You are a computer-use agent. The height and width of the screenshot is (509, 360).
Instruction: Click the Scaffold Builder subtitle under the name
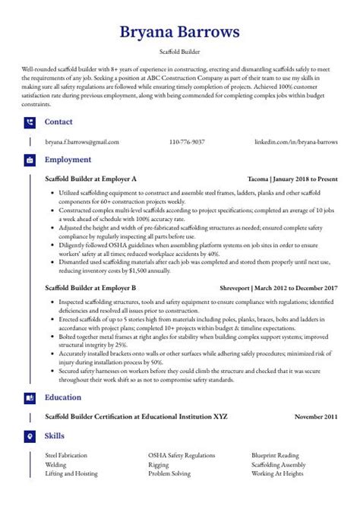pos(179,52)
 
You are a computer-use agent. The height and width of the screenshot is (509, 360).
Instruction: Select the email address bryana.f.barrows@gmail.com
pos(82,142)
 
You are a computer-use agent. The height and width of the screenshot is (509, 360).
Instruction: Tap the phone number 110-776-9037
pos(187,142)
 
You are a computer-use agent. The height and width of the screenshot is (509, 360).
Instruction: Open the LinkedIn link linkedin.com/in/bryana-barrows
pos(296,142)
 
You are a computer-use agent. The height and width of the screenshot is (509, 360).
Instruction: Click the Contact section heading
pos(58,122)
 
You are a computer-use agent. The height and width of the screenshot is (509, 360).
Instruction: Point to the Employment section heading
pos(68,160)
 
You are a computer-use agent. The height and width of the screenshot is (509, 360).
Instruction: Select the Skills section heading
pos(54,436)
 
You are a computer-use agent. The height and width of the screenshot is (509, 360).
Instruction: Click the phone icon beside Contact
pos(29,122)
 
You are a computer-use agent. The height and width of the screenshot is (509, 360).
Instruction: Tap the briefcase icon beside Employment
pos(29,161)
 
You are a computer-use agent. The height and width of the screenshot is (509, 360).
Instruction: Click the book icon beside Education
pos(29,398)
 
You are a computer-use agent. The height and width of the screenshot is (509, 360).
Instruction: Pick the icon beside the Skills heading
pos(29,437)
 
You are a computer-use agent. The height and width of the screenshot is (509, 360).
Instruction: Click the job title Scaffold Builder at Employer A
pos(90,179)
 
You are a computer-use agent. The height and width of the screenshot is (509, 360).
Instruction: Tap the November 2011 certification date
pos(317,417)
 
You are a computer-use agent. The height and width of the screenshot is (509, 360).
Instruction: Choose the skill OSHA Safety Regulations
pos(182,455)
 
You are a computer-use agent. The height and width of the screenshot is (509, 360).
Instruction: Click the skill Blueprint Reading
pos(276,455)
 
